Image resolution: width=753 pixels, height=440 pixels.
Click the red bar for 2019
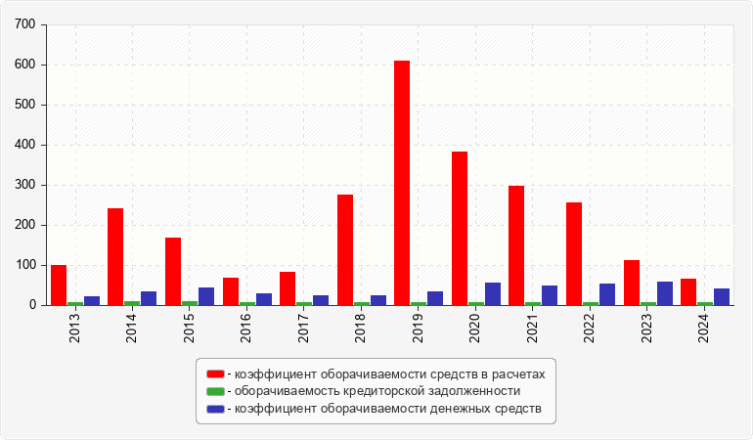(x=402, y=183)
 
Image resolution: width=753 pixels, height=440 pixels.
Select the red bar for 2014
(x=115, y=256)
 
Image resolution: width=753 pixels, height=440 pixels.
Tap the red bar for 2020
(x=460, y=228)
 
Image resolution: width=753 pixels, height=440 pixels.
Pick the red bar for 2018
(x=345, y=249)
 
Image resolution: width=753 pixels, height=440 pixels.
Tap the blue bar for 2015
(x=206, y=296)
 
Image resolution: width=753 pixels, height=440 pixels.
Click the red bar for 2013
(x=59, y=285)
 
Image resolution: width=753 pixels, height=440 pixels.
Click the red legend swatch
(x=215, y=374)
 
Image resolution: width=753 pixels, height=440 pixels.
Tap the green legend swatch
(x=215, y=391)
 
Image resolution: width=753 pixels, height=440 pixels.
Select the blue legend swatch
(x=215, y=408)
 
